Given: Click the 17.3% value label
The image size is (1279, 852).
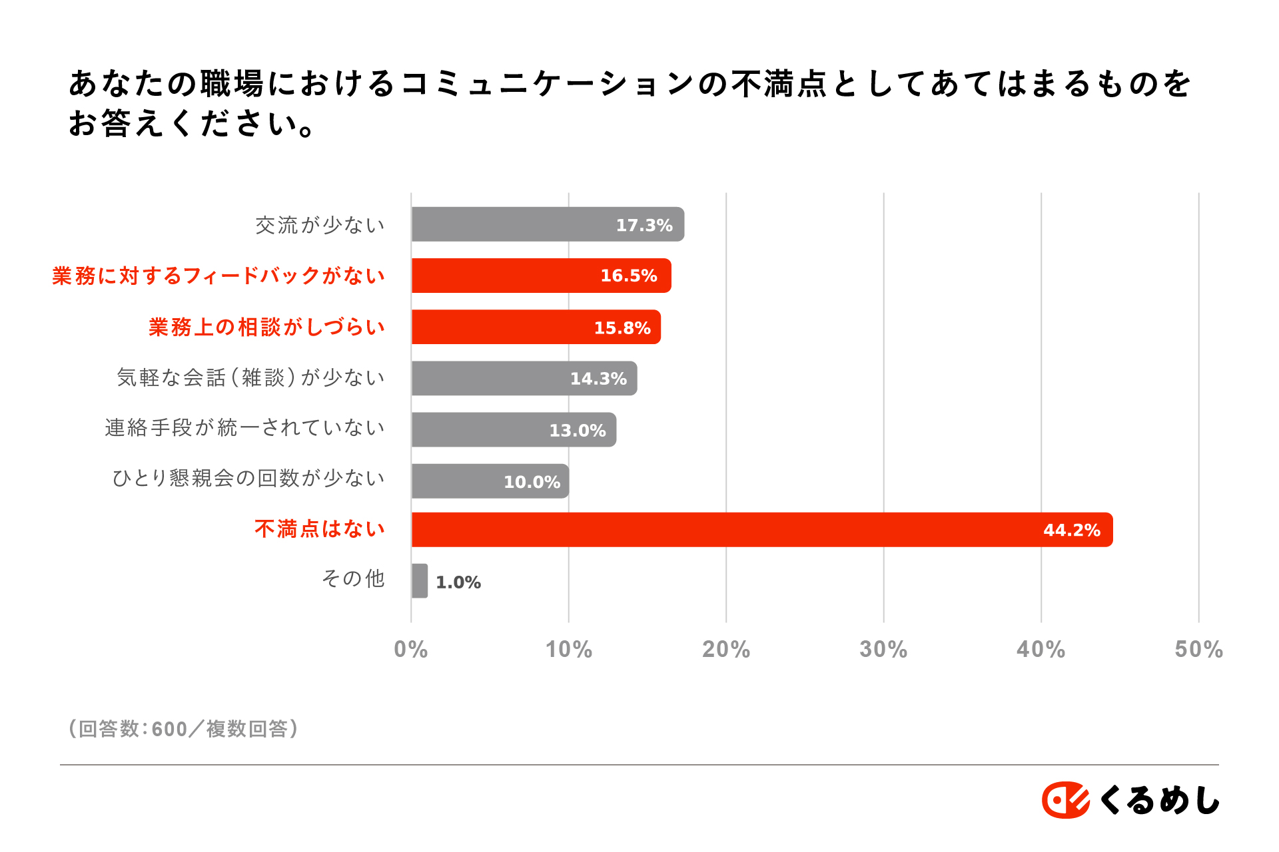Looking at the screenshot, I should [643, 225].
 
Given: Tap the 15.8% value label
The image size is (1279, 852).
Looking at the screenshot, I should [622, 327].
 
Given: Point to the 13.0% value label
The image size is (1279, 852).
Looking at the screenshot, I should [577, 430].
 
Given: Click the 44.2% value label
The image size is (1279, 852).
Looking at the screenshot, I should [1071, 530].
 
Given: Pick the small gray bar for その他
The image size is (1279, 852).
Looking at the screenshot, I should [420, 580].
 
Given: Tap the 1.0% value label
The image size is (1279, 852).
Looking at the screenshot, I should [458, 582].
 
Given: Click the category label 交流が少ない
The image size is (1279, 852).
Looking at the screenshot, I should [320, 225].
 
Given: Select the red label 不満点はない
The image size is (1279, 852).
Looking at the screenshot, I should [320, 529].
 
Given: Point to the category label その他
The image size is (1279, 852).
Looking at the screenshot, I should [353, 578].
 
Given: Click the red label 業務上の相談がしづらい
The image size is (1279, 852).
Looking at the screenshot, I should [266, 327].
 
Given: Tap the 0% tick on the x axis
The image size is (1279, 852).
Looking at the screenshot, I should [410, 649].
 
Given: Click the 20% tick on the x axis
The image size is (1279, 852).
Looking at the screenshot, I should [725, 649].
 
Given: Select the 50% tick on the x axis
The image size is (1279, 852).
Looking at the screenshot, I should [1198, 649].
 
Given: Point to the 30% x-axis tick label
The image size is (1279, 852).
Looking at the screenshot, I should [883, 649].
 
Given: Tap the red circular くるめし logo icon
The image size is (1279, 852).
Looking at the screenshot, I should [1065, 799].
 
